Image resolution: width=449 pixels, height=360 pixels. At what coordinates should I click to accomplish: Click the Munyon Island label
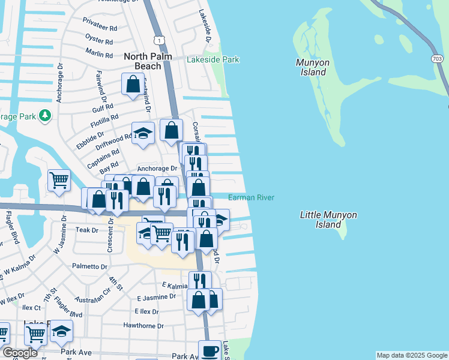click(311, 67)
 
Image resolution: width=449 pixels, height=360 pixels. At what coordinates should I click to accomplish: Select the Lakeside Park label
click(213, 59)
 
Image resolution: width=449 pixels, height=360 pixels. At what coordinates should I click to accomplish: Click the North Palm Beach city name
click(142, 61)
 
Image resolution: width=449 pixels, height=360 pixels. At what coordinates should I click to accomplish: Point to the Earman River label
click(251, 197)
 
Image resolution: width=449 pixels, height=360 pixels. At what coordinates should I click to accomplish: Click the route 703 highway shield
click(440, 59)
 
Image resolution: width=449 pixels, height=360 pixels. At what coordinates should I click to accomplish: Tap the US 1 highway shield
click(158, 39)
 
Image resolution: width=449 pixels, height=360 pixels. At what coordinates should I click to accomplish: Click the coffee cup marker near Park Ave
click(210, 350)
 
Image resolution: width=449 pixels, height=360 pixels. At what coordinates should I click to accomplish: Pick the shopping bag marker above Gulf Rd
click(133, 85)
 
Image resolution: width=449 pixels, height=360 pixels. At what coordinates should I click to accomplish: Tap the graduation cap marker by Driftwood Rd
click(143, 134)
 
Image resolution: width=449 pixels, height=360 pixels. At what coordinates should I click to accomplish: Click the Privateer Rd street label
click(100, 28)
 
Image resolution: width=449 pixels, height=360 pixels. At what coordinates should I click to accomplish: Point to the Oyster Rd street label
click(100, 42)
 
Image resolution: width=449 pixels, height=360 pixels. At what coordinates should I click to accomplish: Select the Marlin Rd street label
click(100, 55)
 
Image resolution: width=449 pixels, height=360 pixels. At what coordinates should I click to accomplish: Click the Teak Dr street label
click(86, 230)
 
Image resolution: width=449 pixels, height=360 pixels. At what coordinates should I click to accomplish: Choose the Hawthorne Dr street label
click(143, 326)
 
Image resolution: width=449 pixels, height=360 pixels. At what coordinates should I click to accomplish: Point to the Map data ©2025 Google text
click(412, 355)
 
